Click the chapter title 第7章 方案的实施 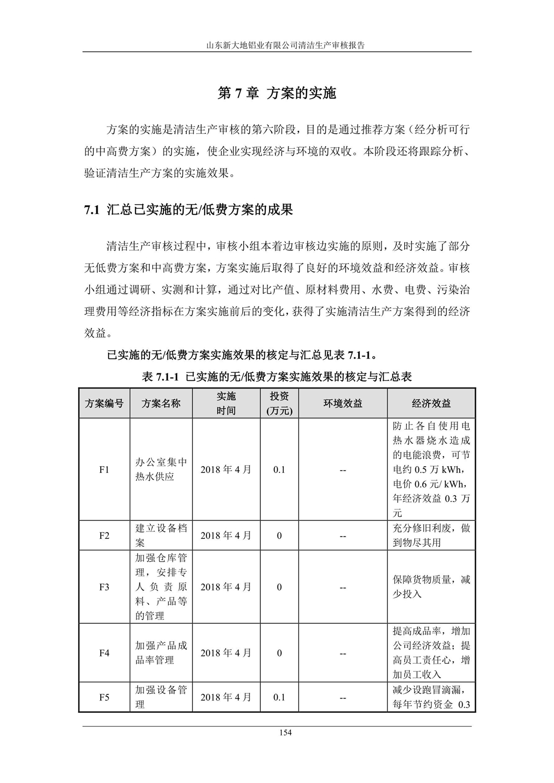(276, 93)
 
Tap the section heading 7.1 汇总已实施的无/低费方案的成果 (188, 210)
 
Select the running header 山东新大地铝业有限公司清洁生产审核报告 (276, 45)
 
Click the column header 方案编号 (104, 403)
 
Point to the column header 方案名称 (161, 403)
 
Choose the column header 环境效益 (342, 403)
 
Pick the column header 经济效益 (431, 403)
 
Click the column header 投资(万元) (279, 403)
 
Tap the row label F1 (104, 469)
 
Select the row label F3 (104, 587)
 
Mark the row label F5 (104, 697)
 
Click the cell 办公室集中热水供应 (161, 469)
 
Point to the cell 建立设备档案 (161, 535)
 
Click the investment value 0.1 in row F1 (279, 469)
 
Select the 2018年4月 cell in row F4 (226, 653)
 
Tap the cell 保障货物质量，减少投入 (431, 587)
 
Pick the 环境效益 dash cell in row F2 (342, 536)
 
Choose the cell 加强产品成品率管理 (161, 653)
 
